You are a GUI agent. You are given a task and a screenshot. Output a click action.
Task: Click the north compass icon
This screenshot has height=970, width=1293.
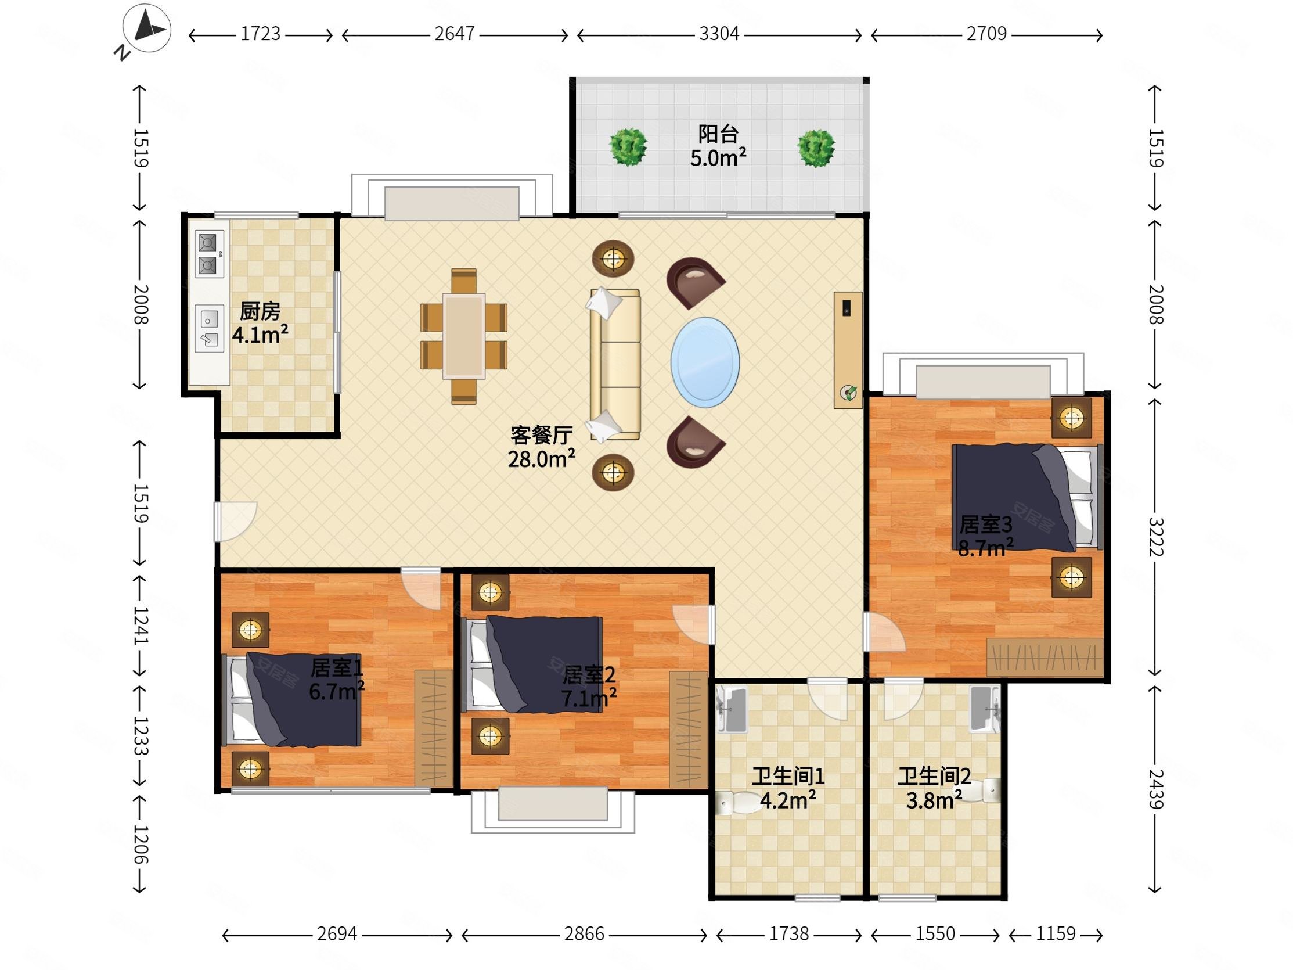coord(147,28)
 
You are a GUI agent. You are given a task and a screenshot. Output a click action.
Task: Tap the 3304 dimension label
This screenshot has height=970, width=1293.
coord(719,34)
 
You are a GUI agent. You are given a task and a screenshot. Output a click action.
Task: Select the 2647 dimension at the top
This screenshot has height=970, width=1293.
coord(454,34)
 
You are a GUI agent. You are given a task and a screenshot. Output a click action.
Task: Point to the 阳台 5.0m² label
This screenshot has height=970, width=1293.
coord(718,146)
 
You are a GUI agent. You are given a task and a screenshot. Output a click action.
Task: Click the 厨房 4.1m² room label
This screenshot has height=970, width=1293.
coord(260,323)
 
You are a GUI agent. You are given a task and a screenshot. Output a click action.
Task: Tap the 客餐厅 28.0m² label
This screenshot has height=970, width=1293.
coord(541,447)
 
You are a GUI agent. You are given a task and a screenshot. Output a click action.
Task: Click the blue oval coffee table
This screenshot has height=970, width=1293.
coord(705,362)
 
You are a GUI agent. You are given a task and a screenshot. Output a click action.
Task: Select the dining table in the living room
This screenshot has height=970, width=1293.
coord(463,336)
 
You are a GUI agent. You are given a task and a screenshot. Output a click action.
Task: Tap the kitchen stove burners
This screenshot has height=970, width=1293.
coord(208,254)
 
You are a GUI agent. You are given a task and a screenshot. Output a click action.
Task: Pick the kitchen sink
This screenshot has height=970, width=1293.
coord(209,329)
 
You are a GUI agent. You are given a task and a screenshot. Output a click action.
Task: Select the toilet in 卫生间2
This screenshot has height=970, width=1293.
coord(979,791)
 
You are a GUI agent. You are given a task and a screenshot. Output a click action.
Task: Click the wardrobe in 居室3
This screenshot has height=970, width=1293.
coord(1045,657)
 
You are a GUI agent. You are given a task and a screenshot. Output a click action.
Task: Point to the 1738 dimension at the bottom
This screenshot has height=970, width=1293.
coord(788,935)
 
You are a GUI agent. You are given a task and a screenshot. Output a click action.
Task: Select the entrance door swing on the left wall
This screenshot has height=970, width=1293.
coord(235,522)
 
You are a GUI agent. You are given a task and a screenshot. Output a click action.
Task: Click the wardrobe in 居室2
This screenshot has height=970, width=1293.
coord(689,730)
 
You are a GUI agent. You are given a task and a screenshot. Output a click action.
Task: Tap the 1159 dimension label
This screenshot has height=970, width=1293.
coord(1056,935)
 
